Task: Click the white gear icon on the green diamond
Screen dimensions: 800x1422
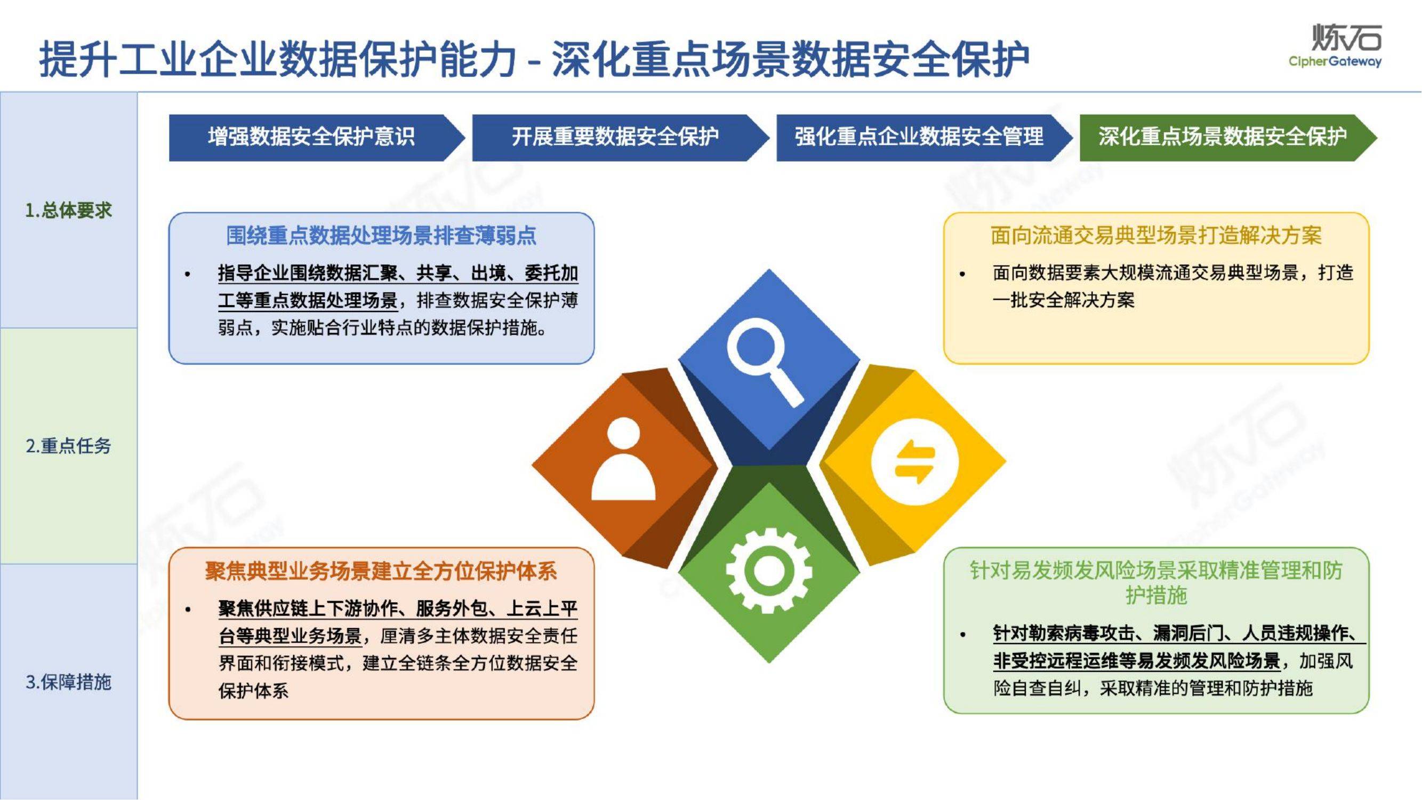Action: (x=768, y=570)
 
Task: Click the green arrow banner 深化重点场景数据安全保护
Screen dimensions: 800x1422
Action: (x=1222, y=137)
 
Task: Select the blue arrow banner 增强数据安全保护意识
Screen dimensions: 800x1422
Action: (x=311, y=137)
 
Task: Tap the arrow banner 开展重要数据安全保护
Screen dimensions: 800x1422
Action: (x=615, y=137)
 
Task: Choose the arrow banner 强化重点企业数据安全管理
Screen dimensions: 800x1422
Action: (x=919, y=137)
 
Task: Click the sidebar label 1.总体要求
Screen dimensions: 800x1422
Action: (x=68, y=210)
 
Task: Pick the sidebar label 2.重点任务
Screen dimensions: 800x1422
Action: (x=68, y=445)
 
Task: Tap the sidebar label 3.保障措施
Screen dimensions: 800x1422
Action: (x=68, y=682)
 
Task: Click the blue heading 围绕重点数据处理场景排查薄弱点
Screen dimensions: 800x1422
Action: (x=381, y=236)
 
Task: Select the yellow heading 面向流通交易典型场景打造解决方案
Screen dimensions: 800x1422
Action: (x=1156, y=236)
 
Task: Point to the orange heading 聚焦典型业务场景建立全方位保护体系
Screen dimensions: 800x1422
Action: (x=381, y=571)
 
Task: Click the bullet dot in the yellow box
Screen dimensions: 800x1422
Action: (x=963, y=274)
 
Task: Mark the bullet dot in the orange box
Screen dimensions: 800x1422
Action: (x=188, y=610)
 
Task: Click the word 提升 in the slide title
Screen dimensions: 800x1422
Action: (x=78, y=59)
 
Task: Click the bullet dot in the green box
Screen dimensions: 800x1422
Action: (x=963, y=634)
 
